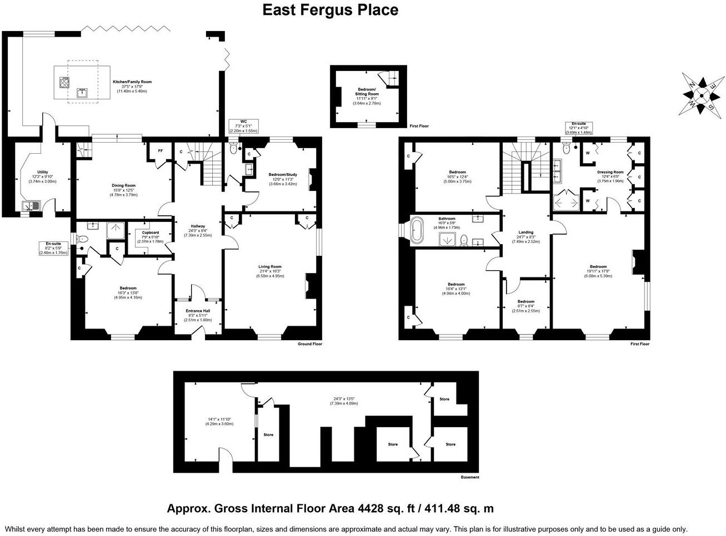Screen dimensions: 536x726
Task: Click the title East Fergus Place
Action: pos(330,10)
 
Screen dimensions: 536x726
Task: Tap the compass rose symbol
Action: pos(701,94)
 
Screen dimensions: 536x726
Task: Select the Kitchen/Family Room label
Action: pos(132,82)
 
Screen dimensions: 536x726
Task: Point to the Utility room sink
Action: pos(28,206)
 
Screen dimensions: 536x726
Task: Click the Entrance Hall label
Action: pos(198,311)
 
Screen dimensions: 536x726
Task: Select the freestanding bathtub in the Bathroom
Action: pos(417,230)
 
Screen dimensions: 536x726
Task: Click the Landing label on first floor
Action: pos(525,232)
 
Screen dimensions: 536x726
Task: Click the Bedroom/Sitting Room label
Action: pos(367,92)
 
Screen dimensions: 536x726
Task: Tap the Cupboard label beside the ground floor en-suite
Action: pos(150,232)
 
